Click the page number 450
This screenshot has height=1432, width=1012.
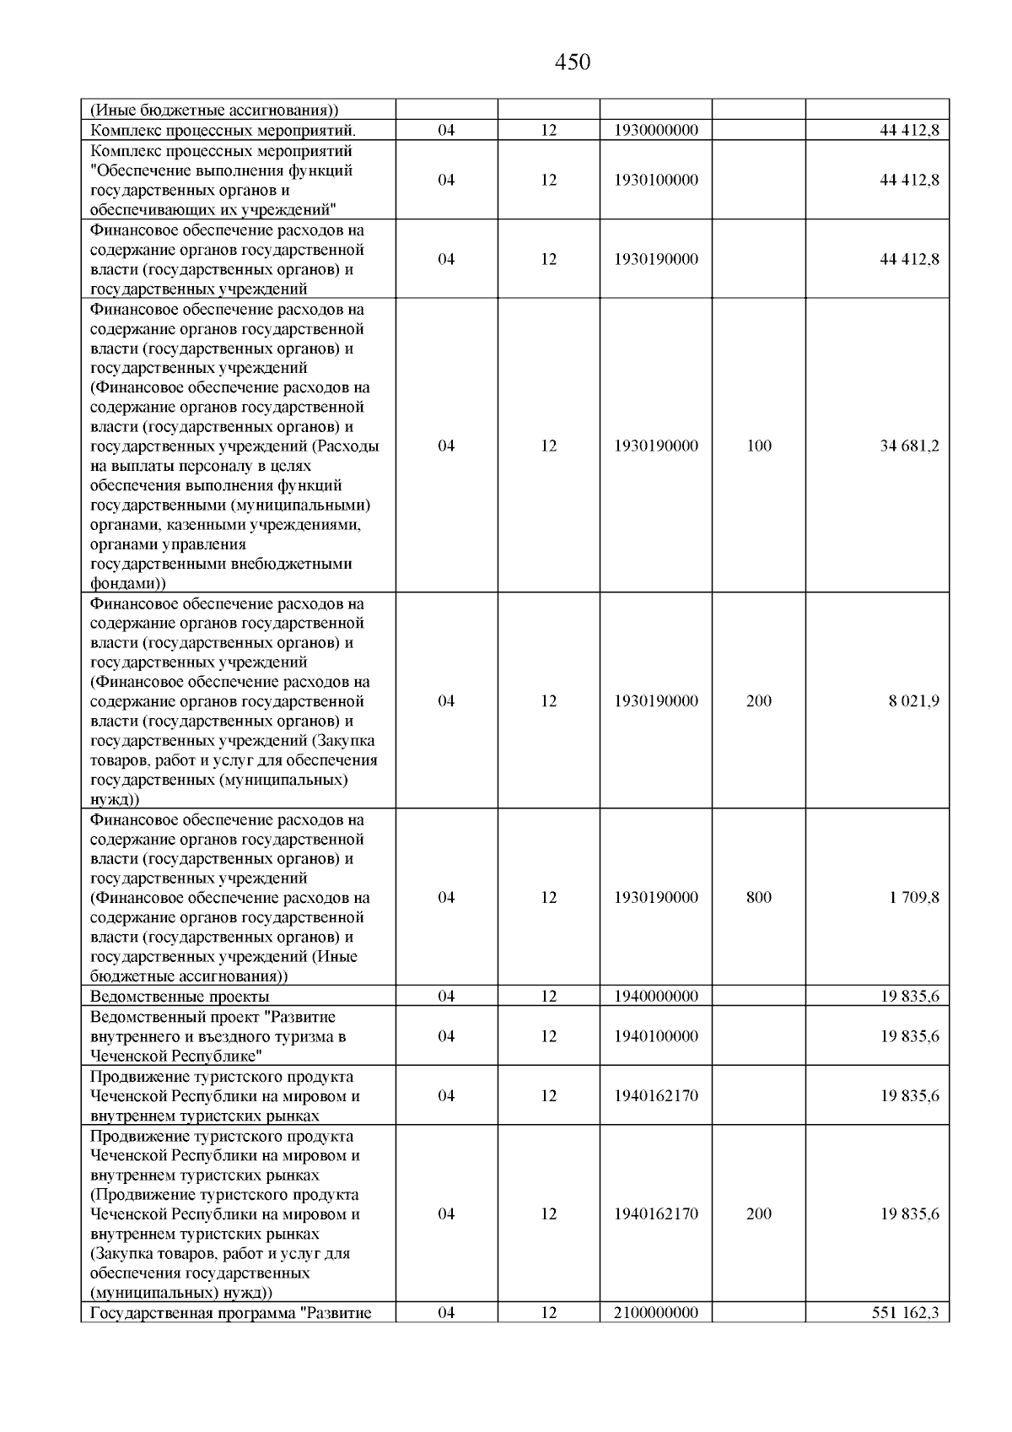pos(573,62)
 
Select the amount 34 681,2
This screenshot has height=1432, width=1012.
pos(909,446)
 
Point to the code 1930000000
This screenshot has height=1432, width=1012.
pos(656,130)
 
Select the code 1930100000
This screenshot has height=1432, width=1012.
pos(656,180)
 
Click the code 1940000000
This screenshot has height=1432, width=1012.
pos(656,996)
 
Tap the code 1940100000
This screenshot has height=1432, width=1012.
pos(656,1036)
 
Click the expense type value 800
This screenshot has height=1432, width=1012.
pos(759,897)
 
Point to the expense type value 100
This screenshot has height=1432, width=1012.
pos(759,446)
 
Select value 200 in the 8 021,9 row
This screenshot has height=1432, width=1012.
pos(759,700)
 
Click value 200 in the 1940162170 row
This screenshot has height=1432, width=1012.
pos(759,1213)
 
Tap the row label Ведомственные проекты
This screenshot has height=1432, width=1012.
pos(168,997)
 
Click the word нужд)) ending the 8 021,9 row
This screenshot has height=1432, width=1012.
pos(115,799)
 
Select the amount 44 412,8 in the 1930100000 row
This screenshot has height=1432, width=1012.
pos(909,180)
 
